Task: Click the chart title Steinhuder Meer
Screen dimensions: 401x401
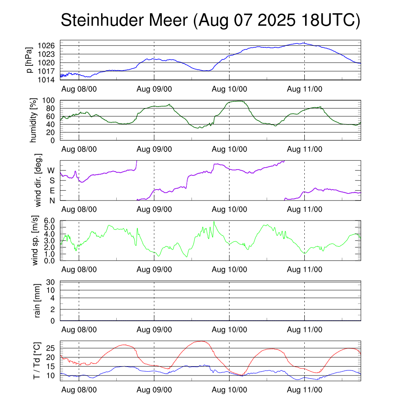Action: click(210, 21)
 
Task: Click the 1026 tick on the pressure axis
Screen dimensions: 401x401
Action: click(49, 46)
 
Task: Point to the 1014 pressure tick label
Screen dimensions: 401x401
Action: click(49, 80)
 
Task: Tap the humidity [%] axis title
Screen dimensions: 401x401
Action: click(34, 120)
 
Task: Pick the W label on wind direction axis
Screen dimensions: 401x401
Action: click(51, 171)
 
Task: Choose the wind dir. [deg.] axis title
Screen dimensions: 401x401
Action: click(38, 180)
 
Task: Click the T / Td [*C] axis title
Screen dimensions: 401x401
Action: click(36, 361)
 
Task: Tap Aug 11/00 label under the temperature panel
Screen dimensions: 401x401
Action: click(305, 390)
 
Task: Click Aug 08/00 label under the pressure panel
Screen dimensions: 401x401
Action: click(79, 89)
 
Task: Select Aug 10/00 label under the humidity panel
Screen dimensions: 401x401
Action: click(229, 149)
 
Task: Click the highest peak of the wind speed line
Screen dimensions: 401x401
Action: click(214, 221)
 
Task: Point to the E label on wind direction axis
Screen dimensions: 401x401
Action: click(52, 190)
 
